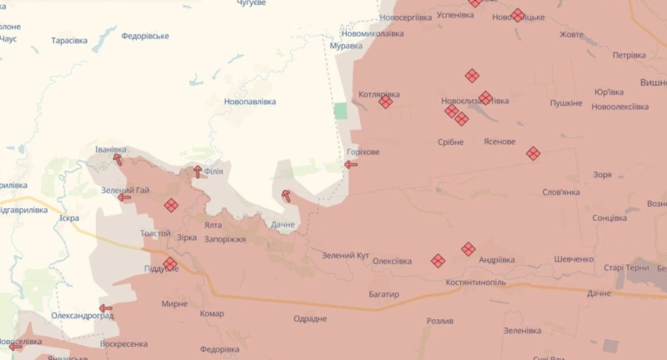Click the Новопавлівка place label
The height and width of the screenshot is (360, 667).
click(x=250, y=102)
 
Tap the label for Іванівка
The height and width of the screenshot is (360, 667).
click(x=111, y=149)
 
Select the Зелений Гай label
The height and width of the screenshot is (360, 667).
click(x=125, y=190)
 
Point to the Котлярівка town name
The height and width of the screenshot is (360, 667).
click(x=379, y=94)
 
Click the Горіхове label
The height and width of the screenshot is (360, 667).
click(x=364, y=152)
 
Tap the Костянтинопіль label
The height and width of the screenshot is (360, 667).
click(x=465, y=282)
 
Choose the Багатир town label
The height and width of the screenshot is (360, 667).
click(x=384, y=294)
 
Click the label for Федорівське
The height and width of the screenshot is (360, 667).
click(x=145, y=36)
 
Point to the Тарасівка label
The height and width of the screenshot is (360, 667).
click(x=69, y=40)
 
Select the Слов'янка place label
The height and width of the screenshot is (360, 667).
click(x=561, y=192)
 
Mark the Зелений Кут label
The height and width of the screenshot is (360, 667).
click(x=345, y=254)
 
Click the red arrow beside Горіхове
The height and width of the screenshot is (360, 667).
click(x=351, y=164)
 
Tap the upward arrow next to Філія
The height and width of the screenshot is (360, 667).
click(x=198, y=172)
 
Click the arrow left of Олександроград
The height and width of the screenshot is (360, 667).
click(x=106, y=308)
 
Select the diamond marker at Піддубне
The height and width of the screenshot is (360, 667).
click(x=170, y=264)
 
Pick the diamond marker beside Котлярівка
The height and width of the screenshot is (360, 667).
click(x=385, y=102)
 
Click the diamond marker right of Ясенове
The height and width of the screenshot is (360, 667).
click(x=533, y=153)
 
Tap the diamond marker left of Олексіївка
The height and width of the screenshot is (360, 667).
click(x=438, y=261)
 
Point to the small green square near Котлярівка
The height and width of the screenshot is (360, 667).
click(x=340, y=111)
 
